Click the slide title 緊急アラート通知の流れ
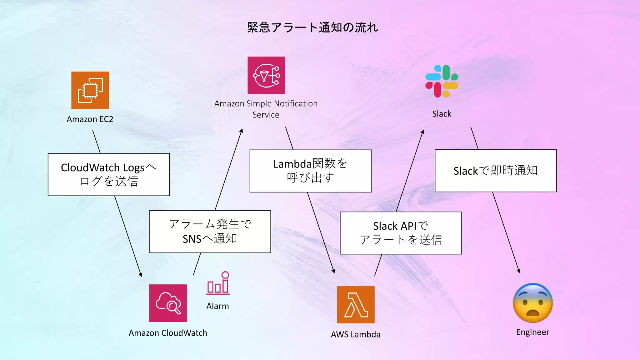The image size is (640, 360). [x=312, y=27]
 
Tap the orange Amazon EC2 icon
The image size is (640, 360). [x=90, y=90]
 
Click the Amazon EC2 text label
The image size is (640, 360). [x=90, y=119]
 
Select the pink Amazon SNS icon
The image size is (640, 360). [x=266, y=75]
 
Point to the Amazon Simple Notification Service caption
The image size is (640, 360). [x=266, y=109]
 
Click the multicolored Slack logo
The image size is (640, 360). [x=442, y=81]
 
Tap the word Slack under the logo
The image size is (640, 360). [x=442, y=114]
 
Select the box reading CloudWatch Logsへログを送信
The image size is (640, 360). [x=109, y=174]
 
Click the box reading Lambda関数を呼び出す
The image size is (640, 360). [x=310, y=171]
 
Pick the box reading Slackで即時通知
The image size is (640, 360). [x=496, y=171]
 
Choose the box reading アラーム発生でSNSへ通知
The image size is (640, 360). [x=210, y=232]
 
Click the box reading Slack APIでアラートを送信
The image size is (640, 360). [x=401, y=233]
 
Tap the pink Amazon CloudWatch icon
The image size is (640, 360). [x=168, y=303]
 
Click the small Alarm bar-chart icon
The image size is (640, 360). [x=218, y=283]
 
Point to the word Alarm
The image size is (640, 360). [x=217, y=306]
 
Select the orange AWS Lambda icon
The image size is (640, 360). [x=356, y=305]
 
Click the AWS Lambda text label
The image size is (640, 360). [x=356, y=334]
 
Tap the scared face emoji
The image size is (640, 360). [x=533, y=303]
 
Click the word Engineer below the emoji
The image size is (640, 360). [x=532, y=332]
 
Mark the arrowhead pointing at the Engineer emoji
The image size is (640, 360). [x=519, y=271]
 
